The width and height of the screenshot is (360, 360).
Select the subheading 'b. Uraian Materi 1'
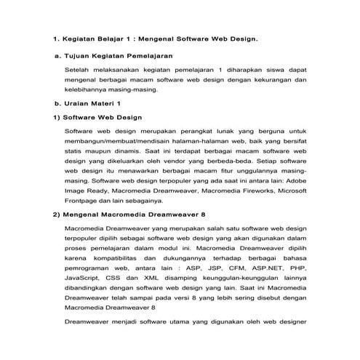(x=87, y=103)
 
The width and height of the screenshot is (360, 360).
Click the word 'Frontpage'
(x=84, y=201)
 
